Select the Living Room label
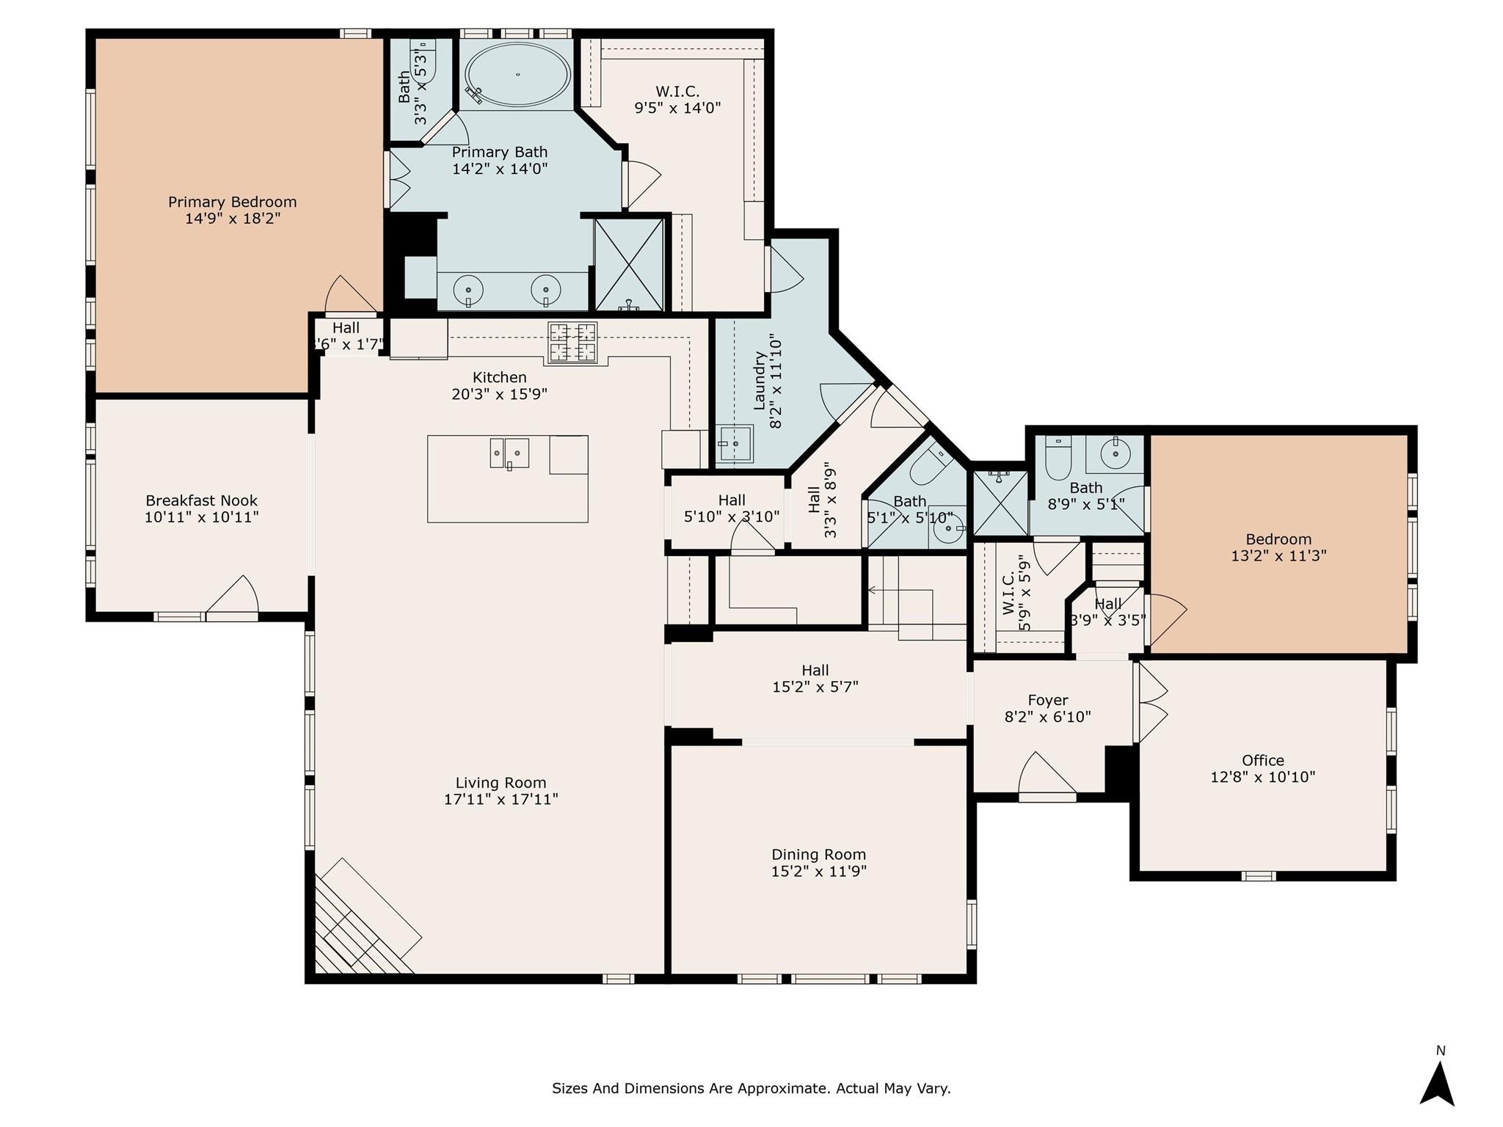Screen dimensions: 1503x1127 [501, 783]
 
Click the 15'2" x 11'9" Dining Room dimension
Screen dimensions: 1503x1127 [819, 872]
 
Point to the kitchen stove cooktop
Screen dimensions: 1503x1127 [573, 342]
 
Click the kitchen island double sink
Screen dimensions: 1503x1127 [509, 453]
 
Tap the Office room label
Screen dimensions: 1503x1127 [1263, 760]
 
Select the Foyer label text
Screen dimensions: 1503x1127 [1047, 700]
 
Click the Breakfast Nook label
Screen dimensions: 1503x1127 [202, 500]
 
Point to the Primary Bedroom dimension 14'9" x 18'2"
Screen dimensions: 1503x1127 [233, 219]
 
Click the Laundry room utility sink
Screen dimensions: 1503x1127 [735, 443]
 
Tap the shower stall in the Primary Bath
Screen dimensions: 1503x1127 [629, 264]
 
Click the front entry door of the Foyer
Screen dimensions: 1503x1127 [1046, 776]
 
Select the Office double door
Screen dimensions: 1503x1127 [1151, 702]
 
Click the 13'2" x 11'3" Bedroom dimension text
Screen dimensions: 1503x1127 [1278, 556]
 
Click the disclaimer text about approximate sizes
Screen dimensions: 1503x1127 [751, 1088]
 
